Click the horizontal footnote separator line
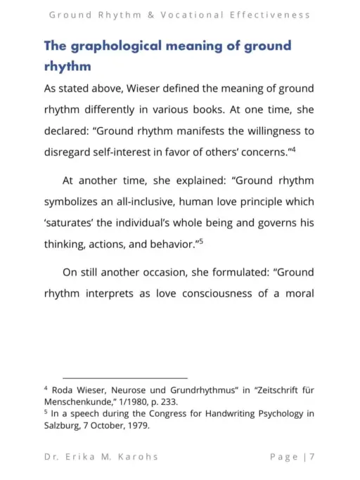pyautogui.click(x=125, y=378)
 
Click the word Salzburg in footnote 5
pyautogui.click(x=64, y=426)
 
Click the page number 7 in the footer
pyautogui.click(x=311, y=457)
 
